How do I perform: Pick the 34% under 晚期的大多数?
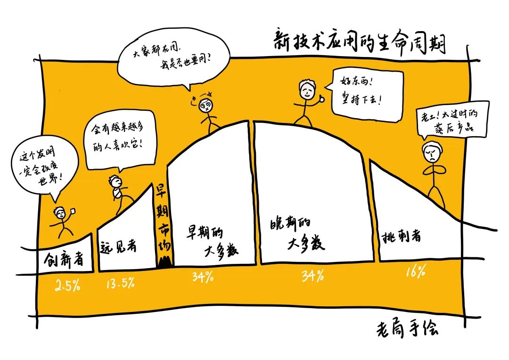point(313,276)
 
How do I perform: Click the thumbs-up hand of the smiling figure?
point(321,98)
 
